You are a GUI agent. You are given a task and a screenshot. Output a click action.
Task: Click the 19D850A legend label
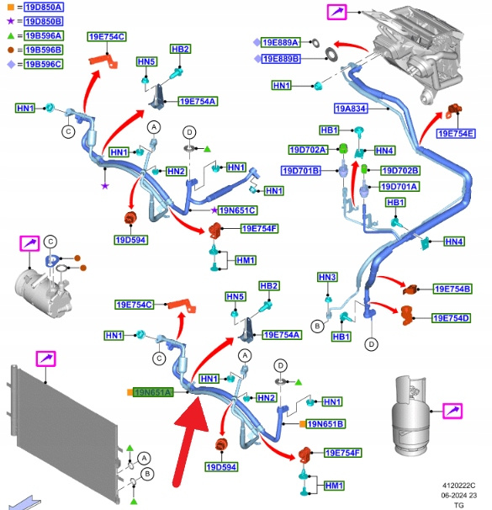pos(44,8)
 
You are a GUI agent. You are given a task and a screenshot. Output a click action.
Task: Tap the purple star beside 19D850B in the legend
pos(11,21)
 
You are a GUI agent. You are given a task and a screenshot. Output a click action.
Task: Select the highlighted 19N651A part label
pos(153,392)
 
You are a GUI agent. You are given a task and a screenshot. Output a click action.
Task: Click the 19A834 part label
pos(351,109)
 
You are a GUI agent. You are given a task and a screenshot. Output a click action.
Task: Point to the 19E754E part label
pos(456,134)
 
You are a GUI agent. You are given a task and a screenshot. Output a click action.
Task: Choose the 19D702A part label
pos(308,150)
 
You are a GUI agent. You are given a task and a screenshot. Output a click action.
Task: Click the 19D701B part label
pos(301,171)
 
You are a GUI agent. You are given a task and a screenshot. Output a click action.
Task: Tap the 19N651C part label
pos(237,210)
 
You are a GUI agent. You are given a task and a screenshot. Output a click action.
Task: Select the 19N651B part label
pos(325,424)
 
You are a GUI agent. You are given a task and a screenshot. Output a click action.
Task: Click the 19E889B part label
pos(281,59)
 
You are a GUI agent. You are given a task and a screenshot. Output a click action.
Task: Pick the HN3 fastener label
pos(327,277)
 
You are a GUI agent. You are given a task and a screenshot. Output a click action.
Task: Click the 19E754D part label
pos(451,318)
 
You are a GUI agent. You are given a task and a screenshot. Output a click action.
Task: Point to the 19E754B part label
pos(452,289)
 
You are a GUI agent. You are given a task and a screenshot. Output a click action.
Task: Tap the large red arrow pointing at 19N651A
pos(188,443)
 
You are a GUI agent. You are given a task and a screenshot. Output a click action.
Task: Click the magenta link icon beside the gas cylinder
pos(452,411)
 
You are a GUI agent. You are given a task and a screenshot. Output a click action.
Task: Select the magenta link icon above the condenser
pos(45,359)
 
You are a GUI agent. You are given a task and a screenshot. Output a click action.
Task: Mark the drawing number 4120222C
pos(458,486)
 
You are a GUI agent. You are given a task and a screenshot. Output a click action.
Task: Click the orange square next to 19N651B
pos(302,424)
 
